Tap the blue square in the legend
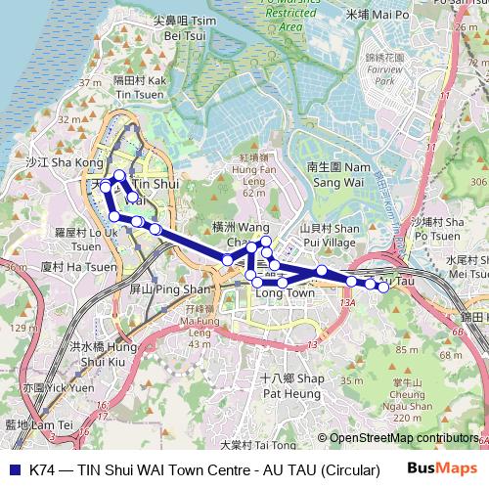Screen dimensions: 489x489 13,469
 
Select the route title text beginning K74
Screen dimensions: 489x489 204,469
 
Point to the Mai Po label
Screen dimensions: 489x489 378,15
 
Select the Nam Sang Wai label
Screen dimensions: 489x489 338,174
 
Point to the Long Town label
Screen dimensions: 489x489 285,292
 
